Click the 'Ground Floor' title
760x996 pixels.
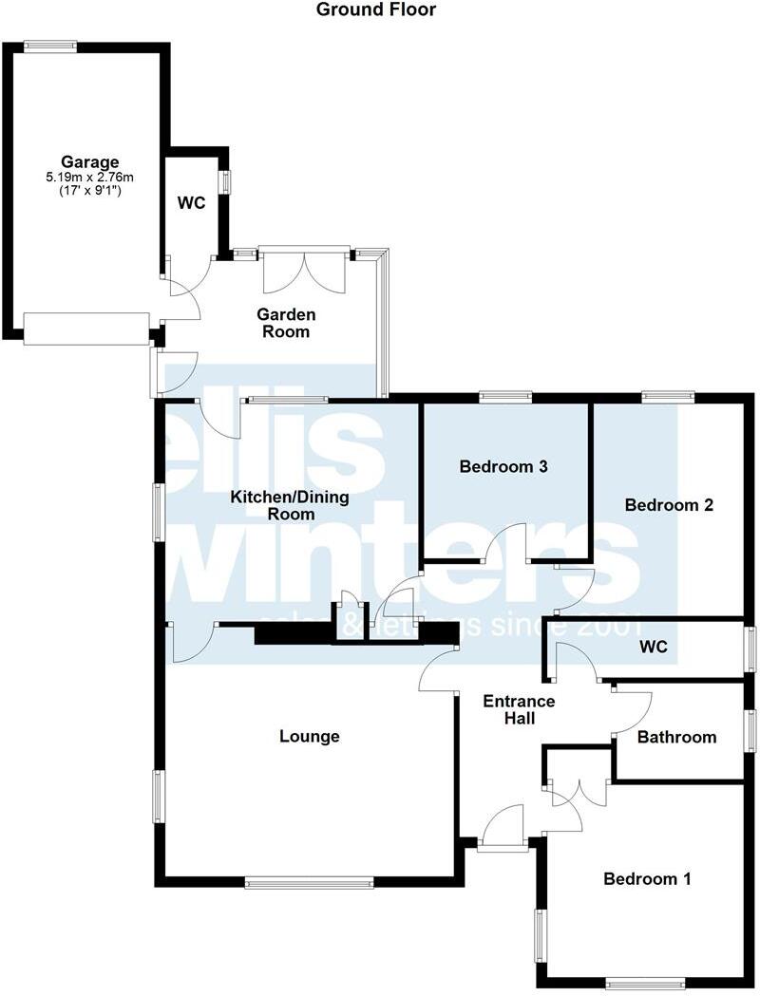pos(376,10)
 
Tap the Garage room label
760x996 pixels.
pos(90,161)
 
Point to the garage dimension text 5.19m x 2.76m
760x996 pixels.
pos(90,177)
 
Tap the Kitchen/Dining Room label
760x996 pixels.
pos(291,505)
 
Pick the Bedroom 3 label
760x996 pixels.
pos(503,466)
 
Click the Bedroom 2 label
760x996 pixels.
pos(669,505)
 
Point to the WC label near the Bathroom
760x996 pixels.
pos(654,648)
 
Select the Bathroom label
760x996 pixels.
pos(676,737)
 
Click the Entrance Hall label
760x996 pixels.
pos(519,709)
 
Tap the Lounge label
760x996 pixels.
pos(310,736)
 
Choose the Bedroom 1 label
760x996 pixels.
pos(647,879)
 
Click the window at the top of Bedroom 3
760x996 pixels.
pos(504,397)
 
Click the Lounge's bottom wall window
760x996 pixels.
pos(309,883)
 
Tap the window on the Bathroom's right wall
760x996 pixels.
pos(750,732)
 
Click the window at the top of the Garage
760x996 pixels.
pos(50,45)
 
